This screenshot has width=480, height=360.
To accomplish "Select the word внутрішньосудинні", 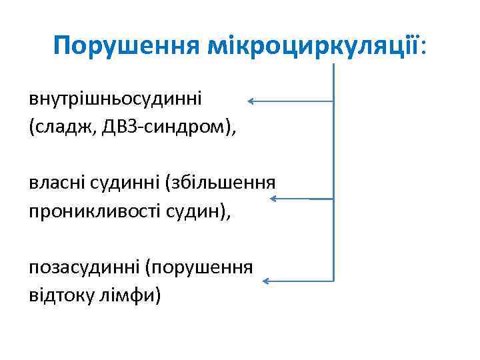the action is click(115, 99).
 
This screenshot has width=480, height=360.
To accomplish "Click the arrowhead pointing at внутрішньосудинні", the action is click(251, 101).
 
